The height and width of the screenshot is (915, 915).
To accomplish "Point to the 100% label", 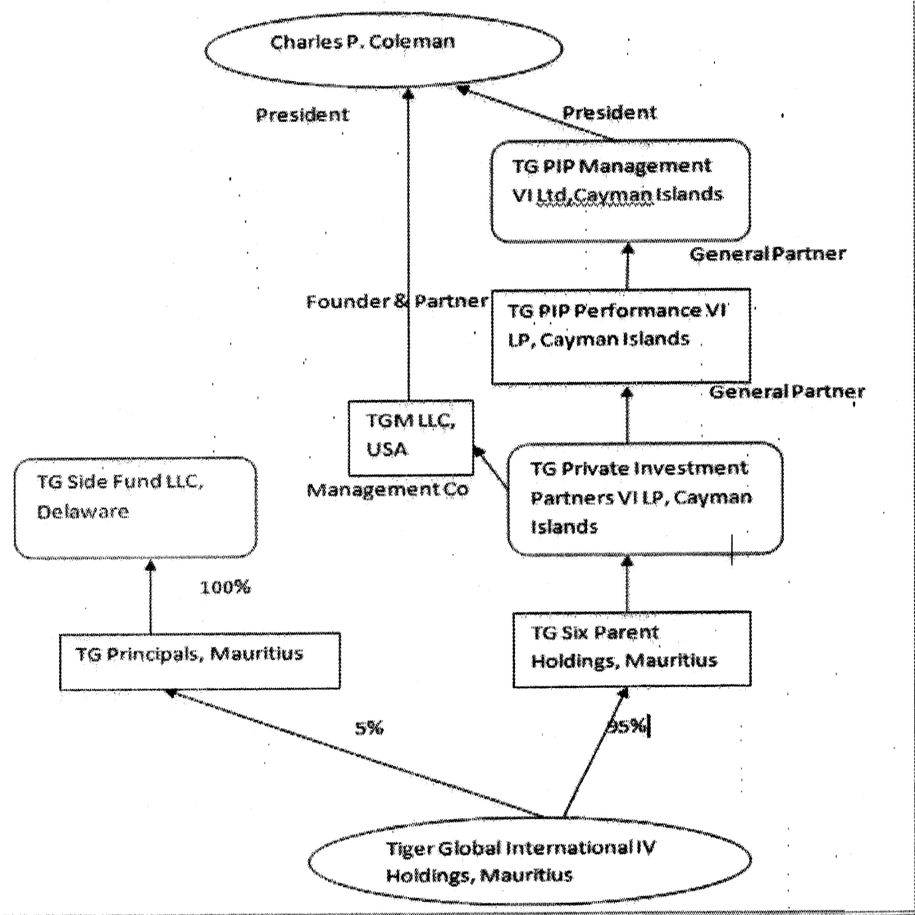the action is tap(225, 587).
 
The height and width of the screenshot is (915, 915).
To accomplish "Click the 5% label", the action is tap(370, 728).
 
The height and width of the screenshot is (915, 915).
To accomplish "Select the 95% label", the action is tap(627, 726).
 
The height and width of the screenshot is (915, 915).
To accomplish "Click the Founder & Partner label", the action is tap(397, 302).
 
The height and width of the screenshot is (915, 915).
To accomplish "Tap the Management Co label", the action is tap(388, 490).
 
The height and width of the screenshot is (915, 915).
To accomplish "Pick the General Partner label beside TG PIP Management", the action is tap(768, 254).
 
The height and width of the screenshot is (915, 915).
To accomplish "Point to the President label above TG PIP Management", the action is tap(609, 112).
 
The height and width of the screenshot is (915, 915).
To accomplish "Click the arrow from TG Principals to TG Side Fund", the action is tap(151, 596).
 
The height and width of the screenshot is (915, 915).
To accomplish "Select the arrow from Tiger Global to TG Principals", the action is tap(355, 753).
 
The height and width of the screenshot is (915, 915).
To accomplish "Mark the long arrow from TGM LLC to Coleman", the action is tap(408, 244).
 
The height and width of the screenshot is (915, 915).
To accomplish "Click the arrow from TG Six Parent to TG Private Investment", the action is tap(627, 584).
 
